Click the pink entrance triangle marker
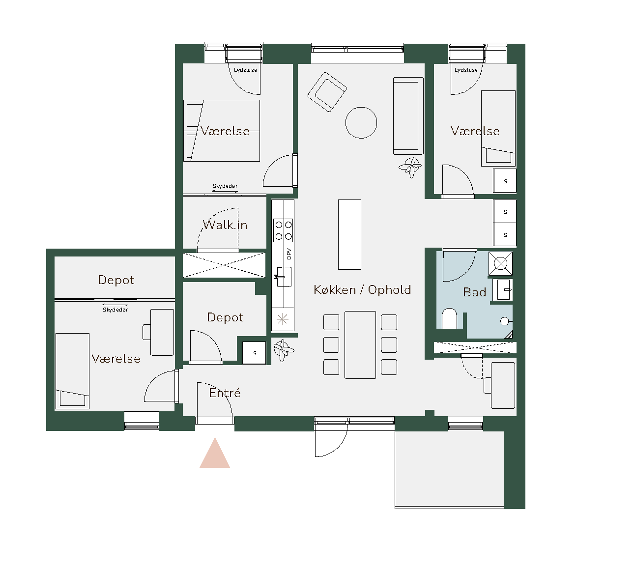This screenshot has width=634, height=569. (x=215, y=454)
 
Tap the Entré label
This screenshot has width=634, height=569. (x=225, y=393)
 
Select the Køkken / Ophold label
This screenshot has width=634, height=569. (x=362, y=290)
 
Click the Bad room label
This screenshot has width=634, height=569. (x=474, y=292)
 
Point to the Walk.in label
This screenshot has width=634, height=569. (x=225, y=225)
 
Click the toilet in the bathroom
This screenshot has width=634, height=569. (x=450, y=318)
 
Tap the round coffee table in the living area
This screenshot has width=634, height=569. (x=361, y=123)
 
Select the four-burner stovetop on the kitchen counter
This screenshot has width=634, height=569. (x=283, y=230)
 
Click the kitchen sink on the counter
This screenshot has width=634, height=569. (x=283, y=277)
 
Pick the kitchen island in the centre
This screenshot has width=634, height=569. (x=349, y=234)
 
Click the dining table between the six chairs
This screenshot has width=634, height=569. (x=360, y=345)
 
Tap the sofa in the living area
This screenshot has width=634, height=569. (x=408, y=116)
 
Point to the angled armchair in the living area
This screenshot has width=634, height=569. (x=327, y=92)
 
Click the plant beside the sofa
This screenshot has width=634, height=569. (x=410, y=167)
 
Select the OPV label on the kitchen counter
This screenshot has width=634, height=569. (x=289, y=254)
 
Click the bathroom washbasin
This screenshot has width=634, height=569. (x=503, y=290)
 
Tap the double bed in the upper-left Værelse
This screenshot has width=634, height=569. (x=222, y=131)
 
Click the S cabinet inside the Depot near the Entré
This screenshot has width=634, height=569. (x=254, y=353)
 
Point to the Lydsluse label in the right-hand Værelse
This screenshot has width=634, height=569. (x=466, y=70)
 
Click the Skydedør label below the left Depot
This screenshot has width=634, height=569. (x=115, y=310)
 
